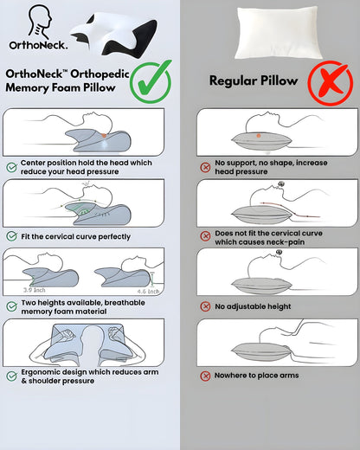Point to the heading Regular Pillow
point(254,80)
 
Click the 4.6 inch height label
point(150,292)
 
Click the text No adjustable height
point(254,305)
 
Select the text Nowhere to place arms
point(258,376)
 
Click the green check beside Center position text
point(11,165)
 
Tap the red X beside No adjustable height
point(205,305)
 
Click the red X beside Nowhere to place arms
point(205,376)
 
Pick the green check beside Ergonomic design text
point(11,376)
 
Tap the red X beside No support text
point(205,165)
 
